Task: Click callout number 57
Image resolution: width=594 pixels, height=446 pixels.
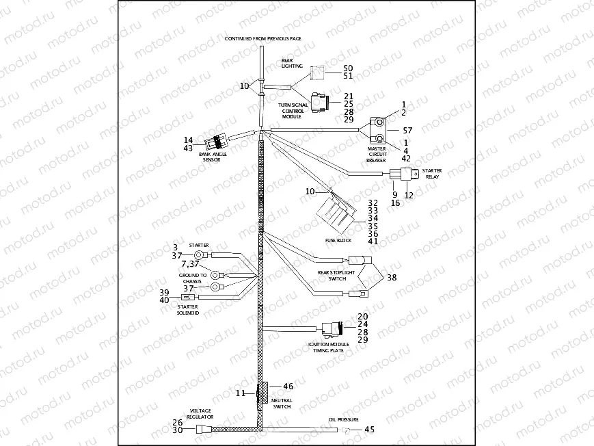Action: [408, 130]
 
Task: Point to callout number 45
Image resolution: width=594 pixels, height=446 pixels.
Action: [370, 430]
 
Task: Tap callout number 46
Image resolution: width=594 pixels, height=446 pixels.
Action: [288, 386]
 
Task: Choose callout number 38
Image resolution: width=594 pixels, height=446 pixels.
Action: [392, 278]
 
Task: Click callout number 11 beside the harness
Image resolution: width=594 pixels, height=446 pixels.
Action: [240, 393]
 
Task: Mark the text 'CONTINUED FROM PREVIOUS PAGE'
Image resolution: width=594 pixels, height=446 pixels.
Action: [263, 39]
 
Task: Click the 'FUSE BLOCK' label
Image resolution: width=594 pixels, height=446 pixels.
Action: [338, 241]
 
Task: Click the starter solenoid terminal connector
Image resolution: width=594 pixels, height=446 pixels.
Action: [187, 298]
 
